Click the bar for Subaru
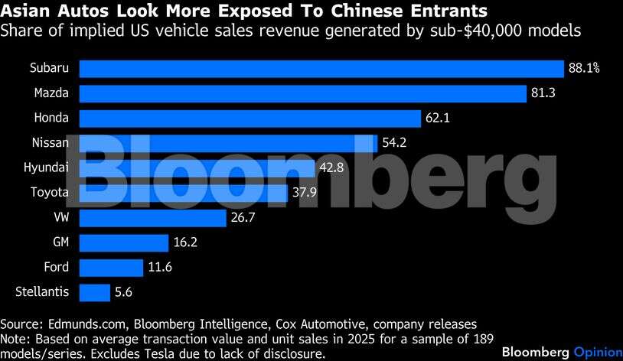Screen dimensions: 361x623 coord(321,69)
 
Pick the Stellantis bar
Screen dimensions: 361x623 coord(95,292)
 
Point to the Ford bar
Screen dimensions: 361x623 coord(111,268)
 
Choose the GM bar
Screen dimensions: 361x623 coord(124,243)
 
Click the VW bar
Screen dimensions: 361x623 coord(153,218)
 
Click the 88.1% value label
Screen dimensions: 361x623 coord(584,69)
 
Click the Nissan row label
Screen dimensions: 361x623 coord(51,143)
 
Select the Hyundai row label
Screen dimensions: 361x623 coord(47,167)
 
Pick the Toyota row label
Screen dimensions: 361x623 coord(49,193)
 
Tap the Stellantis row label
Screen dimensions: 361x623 coord(42,292)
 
